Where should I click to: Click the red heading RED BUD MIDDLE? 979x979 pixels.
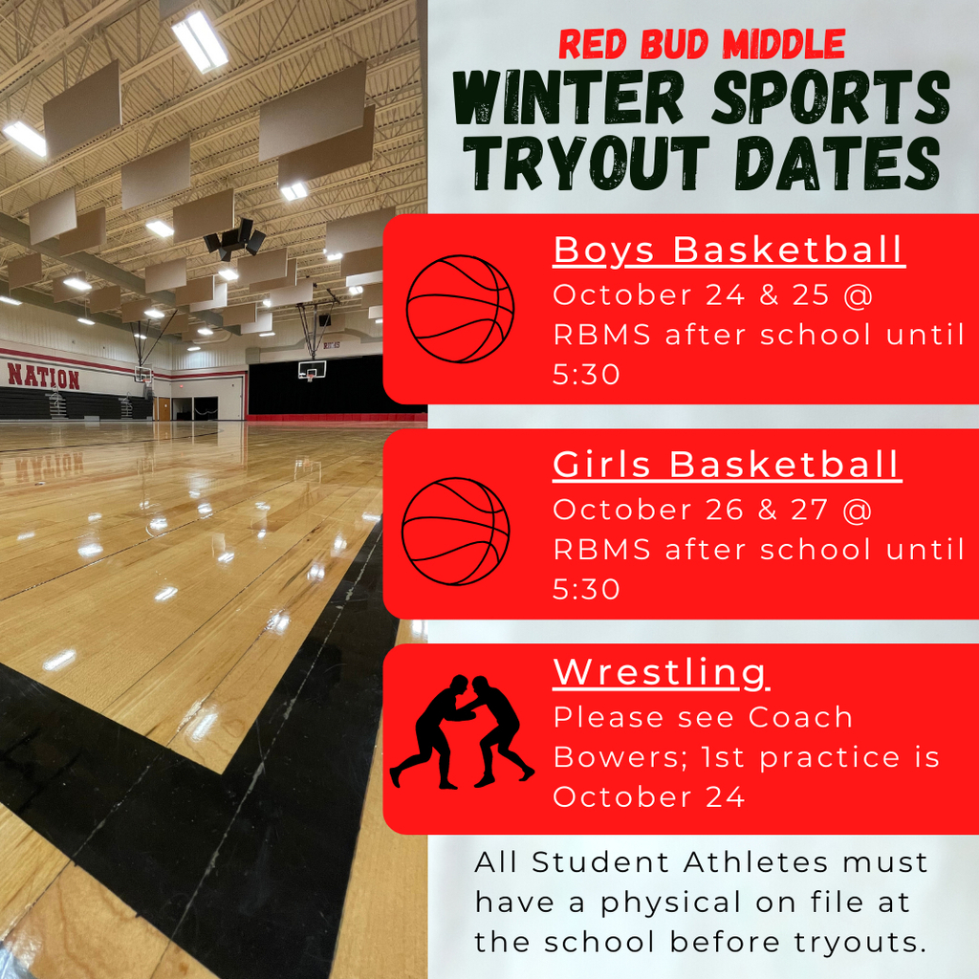pos(701,44)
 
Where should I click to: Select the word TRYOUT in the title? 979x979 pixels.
pos(586,163)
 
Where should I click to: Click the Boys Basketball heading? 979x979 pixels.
pos(729,251)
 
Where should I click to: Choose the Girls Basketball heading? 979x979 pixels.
pos(728,466)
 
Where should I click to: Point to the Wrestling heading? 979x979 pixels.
pos(662,673)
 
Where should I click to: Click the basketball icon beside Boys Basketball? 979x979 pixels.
pos(460,309)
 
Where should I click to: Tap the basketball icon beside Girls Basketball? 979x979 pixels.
pos(456,532)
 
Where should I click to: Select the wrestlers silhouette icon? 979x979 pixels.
pos(462,731)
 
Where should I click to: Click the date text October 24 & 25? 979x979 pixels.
pos(691,294)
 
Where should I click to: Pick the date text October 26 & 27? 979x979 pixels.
pos(690,510)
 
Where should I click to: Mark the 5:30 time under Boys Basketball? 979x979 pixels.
pos(586,374)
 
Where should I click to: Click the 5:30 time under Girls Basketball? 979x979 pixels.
pos(586,589)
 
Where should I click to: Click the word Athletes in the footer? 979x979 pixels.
pos(755,862)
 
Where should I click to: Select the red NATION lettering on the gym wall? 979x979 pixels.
pos(43,376)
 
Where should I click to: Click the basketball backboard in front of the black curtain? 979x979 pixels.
pos(312,371)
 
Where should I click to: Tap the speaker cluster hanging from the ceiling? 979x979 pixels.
pos(235,238)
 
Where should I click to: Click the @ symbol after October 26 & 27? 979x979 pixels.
pos(857,511)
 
